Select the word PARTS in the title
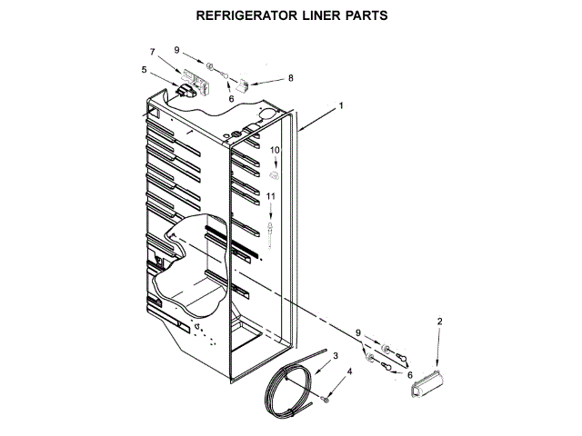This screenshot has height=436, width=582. (368, 15)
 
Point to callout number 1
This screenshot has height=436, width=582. (341, 106)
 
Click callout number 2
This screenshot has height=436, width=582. (440, 322)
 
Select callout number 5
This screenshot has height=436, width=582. (144, 69)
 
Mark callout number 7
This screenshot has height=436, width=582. (152, 53)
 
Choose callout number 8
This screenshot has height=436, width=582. (290, 78)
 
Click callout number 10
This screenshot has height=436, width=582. (274, 149)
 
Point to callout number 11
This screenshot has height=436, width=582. (271, 195)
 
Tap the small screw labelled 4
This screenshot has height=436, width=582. (326, 400)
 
